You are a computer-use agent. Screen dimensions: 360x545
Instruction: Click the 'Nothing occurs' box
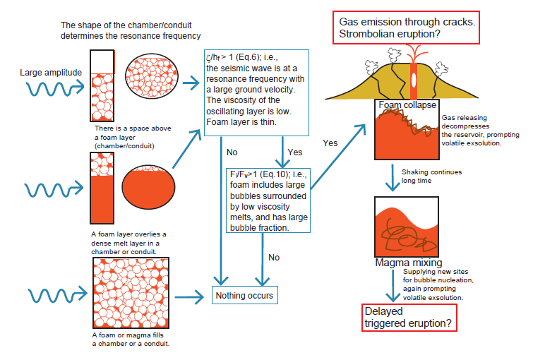[243, 295]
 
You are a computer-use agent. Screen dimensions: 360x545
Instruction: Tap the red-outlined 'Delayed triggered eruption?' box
[407, 318]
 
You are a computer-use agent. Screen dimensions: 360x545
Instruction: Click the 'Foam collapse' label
[400, 105]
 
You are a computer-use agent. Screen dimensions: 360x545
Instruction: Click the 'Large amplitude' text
[51, 72]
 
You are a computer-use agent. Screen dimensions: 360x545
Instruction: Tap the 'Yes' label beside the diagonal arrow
[330, 143]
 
